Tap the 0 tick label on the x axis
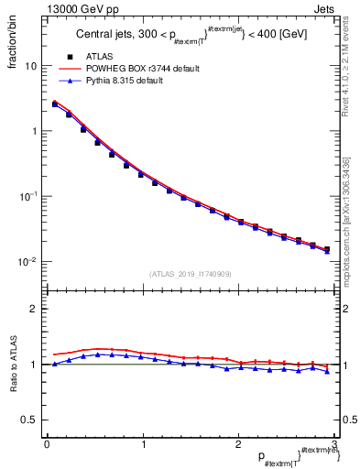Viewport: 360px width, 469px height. pos(46,444)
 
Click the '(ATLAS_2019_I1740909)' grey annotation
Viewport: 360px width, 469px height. pos(191,274)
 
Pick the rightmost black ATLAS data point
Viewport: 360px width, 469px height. pos(326,248)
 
